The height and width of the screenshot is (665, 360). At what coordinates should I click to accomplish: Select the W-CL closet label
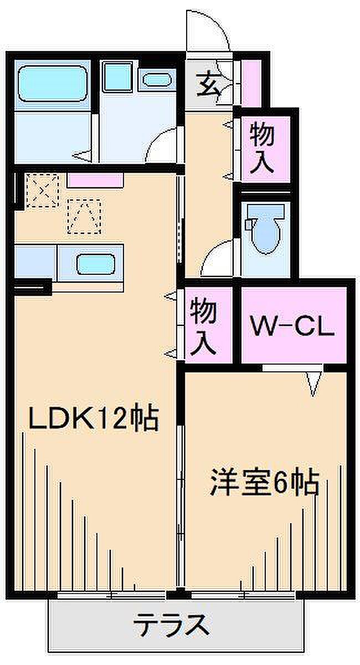click(292, 327)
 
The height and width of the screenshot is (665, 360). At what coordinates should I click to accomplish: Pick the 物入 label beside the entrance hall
click(263, 148)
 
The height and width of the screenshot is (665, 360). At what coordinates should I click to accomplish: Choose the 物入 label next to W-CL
click(203, 326)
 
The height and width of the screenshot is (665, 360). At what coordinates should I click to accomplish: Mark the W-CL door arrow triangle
click(314, 382)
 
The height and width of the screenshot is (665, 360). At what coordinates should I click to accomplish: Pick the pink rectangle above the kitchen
click(95, 180)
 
